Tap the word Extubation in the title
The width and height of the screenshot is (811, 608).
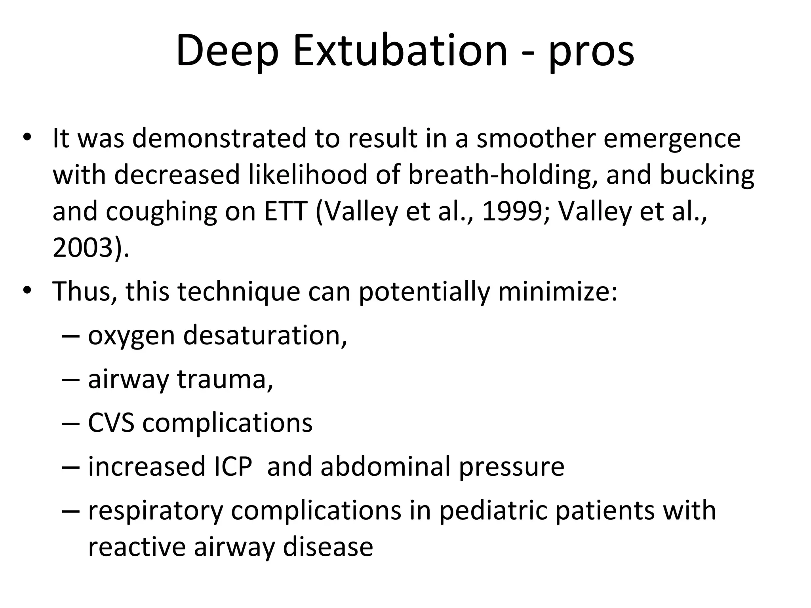coord(400,51)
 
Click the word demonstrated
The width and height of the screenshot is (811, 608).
coord(219,138)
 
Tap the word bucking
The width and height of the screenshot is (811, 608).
coord(707,175)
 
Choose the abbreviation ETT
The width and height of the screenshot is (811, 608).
coord(286,211)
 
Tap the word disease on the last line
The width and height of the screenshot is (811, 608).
coord(328,547)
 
